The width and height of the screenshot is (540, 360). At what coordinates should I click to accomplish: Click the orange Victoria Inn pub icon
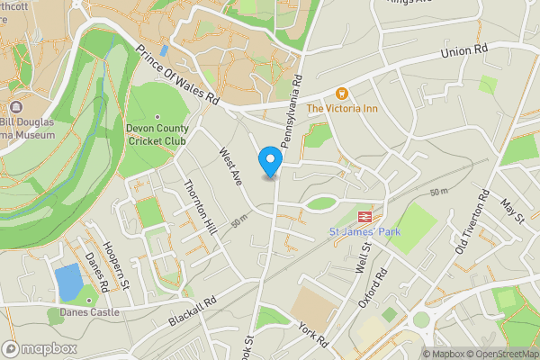point(341,94)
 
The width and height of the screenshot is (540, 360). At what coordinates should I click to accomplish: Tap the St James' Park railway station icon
point(365,218)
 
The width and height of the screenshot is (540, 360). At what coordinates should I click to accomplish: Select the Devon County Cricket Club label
point(157,135)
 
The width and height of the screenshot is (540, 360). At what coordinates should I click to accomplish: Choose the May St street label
point(512,212)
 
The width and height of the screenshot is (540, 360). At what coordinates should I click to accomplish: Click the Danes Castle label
point(88,312)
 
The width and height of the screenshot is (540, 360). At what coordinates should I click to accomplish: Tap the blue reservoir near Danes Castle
point(67,283)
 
